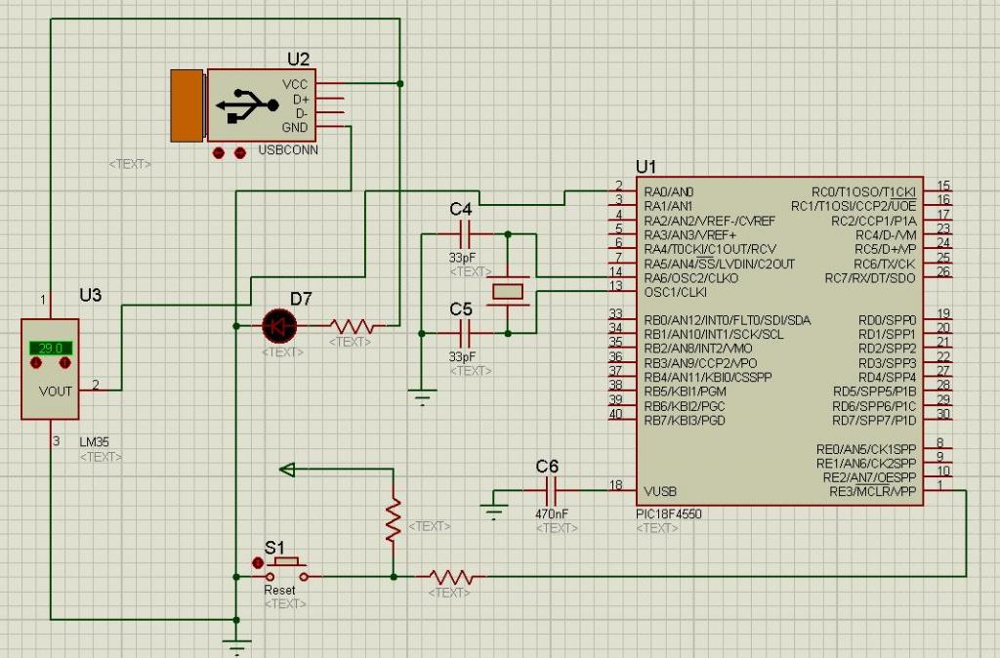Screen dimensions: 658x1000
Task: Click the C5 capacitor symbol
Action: [x=465, y=333]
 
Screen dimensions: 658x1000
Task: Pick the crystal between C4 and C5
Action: [x=509, y=290]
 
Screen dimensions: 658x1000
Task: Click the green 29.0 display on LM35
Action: [x=51, y=348]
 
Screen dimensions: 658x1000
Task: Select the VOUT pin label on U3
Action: [x=56, y=391]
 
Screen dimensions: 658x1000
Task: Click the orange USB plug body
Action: [x=186, y=104]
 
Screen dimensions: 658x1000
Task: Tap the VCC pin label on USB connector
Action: [x=295, y=85]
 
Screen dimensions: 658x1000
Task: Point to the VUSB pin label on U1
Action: [x=660, y=491]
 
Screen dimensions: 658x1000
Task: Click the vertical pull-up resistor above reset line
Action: [x=393, y=519]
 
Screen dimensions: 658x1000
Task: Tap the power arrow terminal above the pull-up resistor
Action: [x=287, y=470]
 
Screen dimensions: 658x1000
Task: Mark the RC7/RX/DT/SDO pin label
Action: [x=871, y=278]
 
